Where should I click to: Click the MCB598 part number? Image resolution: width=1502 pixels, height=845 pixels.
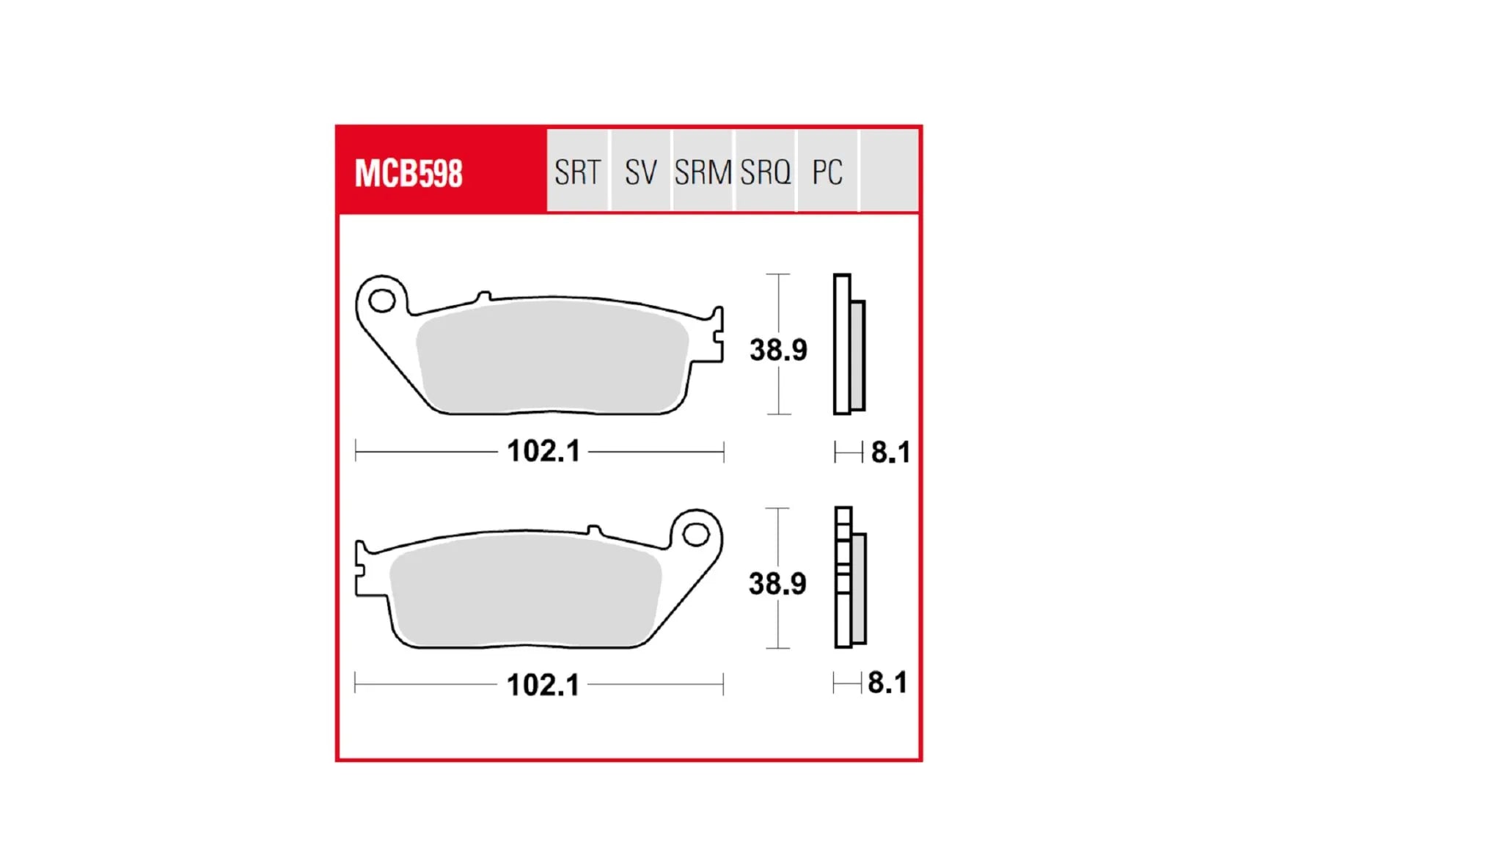[x=409, y=174]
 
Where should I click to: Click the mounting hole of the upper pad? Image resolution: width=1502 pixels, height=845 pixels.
[x=382, y=300]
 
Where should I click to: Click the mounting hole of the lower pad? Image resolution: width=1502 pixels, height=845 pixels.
[x=695, y=534]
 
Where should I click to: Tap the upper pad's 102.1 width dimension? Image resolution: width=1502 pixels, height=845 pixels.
[x=543, y=451]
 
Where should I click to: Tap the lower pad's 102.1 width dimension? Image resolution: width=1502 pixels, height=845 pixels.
[x=543, y=685]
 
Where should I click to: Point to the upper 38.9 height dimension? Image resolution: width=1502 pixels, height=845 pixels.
[x=778, y=350]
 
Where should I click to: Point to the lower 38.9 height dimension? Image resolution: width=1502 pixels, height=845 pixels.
[x=777, y=584]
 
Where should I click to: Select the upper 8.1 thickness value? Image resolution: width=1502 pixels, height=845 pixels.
[x=890, y=453]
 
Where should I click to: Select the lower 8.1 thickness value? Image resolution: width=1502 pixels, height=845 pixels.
[x=887, y=683]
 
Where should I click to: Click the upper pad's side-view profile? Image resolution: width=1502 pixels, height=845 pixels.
[x=849, y=345]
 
